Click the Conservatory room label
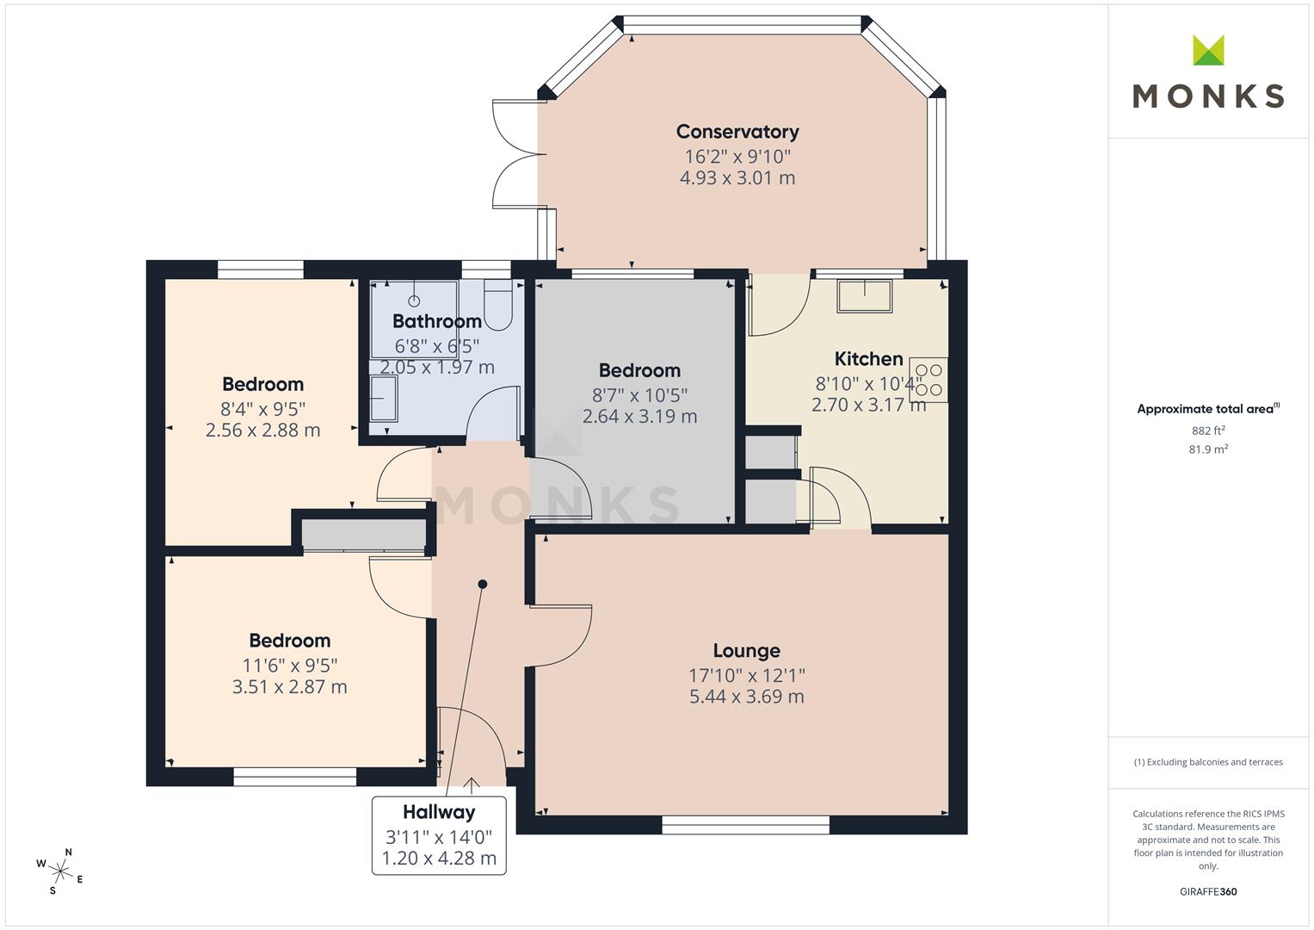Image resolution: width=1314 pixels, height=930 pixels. point(737,132)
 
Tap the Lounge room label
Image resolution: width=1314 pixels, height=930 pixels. point(747,650)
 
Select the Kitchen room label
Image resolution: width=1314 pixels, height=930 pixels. point(869,359)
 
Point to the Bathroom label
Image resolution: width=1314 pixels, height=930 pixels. point(437,321)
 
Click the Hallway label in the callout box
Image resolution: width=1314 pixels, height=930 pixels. point(439,812)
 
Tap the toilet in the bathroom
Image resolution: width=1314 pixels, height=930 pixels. point(498,303)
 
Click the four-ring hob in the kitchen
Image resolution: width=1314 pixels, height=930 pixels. point(928,380)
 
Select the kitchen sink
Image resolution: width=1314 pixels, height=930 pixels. point(865,295)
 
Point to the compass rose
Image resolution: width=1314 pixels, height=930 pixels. point(60,871)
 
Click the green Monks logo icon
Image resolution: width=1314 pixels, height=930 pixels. point(1208,50)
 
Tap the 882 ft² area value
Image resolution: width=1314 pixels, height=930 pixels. point(1208,431)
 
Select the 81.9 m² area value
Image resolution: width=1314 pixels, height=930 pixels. point(1208,449)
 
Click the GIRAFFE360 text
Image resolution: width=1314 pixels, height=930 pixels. point(1208,892)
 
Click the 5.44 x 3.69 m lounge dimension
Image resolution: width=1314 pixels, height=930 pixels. point(747,697)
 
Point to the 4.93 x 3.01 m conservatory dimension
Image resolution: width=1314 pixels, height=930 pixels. point(737,178)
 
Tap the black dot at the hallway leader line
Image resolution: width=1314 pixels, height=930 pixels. point(483,584)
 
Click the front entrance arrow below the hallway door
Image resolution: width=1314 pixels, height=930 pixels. point(472,784)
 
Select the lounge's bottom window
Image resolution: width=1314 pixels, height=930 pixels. point(745,824)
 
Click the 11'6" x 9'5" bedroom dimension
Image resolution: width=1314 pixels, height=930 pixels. point(290,665)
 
